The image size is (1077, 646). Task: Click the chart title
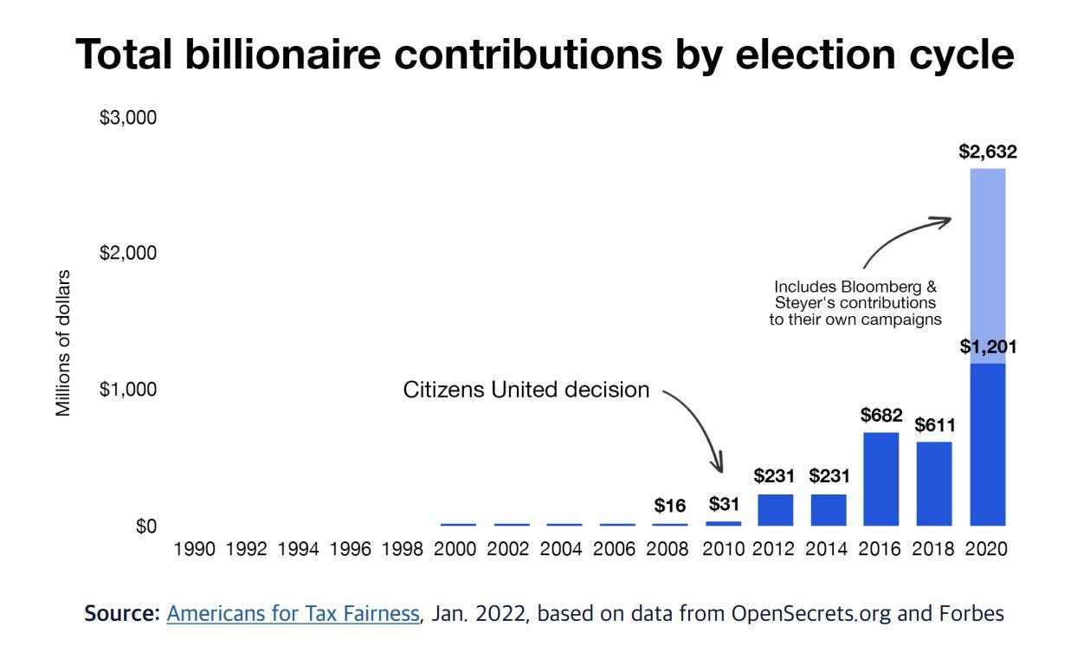coord(545,55)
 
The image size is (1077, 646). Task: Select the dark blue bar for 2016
coord(881,479)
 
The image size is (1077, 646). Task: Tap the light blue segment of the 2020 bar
coord(987,265)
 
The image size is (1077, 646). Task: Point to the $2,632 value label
coord(988,152)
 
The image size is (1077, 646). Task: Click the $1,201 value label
coord(988,347)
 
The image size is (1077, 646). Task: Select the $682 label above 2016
coord(881,415)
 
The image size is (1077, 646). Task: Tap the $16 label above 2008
coord(670,506)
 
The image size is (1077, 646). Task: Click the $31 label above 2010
coord(723,503)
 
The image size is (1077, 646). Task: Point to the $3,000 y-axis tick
coord(128,117)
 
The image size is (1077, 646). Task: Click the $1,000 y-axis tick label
coord(128,390)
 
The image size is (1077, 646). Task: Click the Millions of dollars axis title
coord(63,343)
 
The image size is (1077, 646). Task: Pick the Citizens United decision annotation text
coord(526,390)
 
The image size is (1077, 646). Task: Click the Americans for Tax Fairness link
coord(293,614)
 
